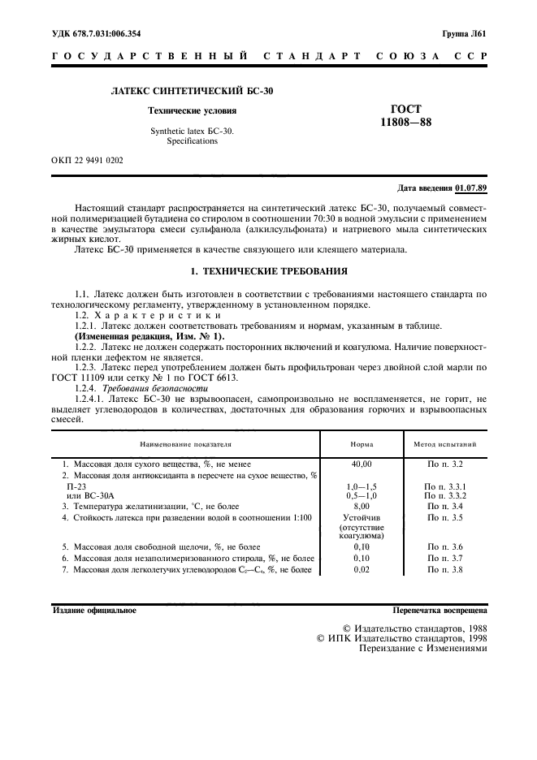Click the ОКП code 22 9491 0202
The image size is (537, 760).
(87, 160)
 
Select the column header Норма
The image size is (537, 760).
(362, 445)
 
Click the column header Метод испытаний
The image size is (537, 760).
(444, 445)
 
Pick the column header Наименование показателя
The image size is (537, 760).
(185, 445)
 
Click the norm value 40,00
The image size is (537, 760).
(362, 464)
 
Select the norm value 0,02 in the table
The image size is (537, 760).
(362, 571)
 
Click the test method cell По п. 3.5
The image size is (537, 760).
(444, 516)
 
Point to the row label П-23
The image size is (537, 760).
(75, 485)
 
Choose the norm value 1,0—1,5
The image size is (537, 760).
(362, 485)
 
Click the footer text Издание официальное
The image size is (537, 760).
(94, 609)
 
